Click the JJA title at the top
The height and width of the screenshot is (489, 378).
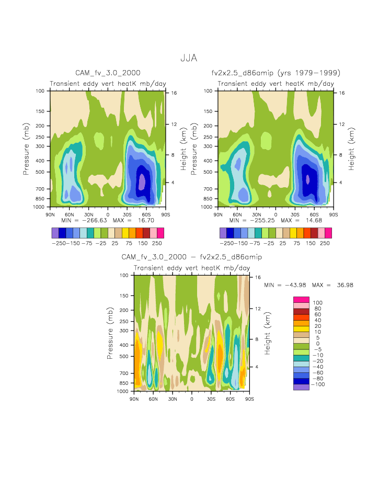click(x=189, y=58)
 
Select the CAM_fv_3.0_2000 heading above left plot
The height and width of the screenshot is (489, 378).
click(x=108, y=73)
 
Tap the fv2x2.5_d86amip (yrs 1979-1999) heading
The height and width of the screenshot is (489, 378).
click(x=276, y=73)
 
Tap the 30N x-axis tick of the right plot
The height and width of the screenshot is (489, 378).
click(x=256, y=214)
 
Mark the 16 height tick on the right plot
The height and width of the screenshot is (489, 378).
click(x=341, y=93)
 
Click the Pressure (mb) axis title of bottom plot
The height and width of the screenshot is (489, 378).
click(x=110, y=333)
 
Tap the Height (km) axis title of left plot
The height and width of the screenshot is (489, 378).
click(x=184, y=150)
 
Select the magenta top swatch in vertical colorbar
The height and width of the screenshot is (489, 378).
click(x=301, y=299)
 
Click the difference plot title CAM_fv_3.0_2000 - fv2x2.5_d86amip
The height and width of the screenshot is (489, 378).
click(x=191, y=257)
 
